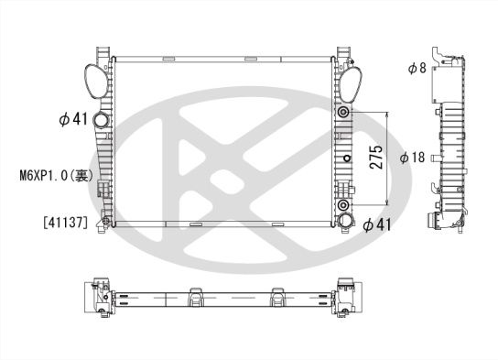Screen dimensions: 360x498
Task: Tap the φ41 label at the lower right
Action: pyautogui.click(x=378, y=224)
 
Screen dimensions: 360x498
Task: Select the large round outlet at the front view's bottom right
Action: pyautogui.click(x=344, y=221)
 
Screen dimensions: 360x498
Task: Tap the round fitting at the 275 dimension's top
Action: pyautogui.click(x=344, y=114)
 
